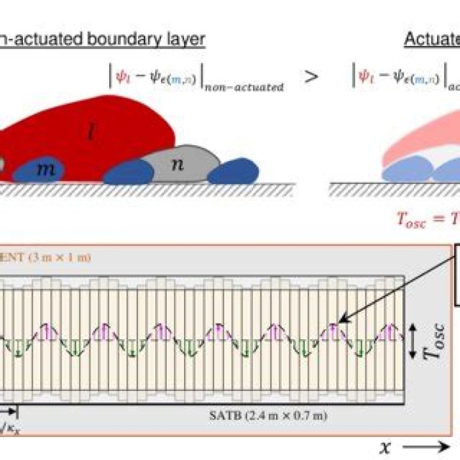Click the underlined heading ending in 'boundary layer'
pyautogui.click(x=102, y=39)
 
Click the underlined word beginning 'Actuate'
pyautogui.click(x=432, y=39)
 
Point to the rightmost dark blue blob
pyautogui.click(x=233, y=171)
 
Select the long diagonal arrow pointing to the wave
pyautogui.click(x=396, y=287)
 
